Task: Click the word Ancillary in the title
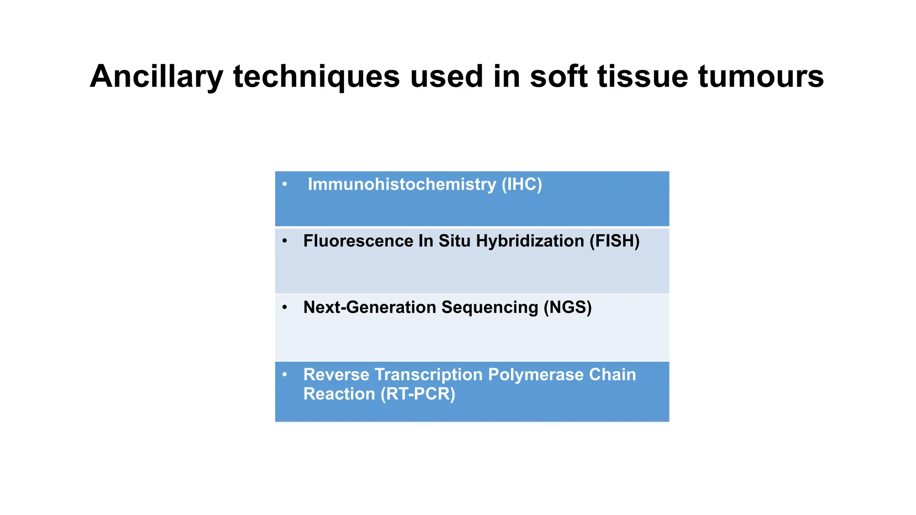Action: pyautogui.click(x=156, y=77)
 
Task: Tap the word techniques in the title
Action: pyautogui.click(x=316, y=77)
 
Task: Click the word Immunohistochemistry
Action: pyautogui.click(x=402, y=185)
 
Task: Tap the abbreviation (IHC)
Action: pyautogui.click(x=522, y=185)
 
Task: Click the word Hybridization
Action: pyautogui.click(x=530, y=241)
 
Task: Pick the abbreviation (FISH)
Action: pyautogui.click(x=614, y=241)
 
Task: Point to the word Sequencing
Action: pyautogui.click(x=490, y=308)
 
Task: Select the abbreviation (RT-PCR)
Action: pyautogui.click(x=417, y=394)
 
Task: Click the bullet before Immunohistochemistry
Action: pyautogui.click(x=284, y=184)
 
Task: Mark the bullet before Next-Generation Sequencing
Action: pyautogui.click(x=284, y=307)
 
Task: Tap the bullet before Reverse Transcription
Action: pyautogui.click(x=284, y=374)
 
